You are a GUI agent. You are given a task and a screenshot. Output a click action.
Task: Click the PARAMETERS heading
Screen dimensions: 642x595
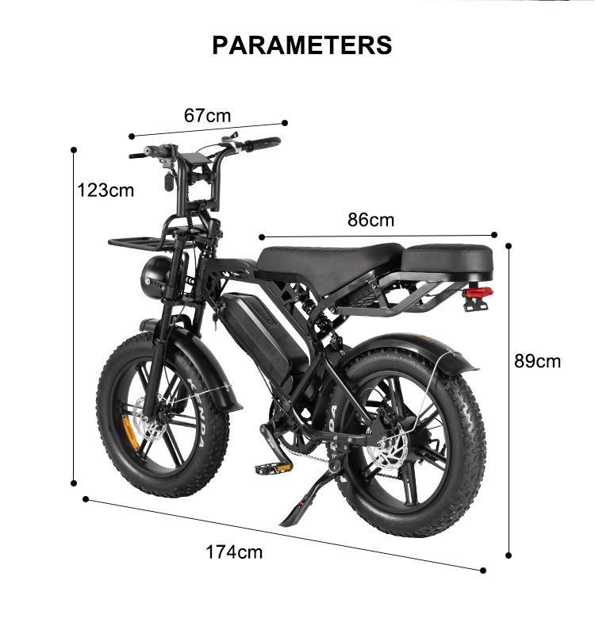click(301, 44)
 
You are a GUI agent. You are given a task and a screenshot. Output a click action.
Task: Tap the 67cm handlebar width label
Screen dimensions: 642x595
click(207, 116)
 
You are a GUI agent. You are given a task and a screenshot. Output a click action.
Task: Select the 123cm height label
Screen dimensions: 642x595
click(106, 190)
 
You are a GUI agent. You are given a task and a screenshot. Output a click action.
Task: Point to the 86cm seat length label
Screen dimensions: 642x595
click(370, 220)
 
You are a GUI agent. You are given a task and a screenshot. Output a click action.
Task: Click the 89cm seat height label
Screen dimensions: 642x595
click(537, 361)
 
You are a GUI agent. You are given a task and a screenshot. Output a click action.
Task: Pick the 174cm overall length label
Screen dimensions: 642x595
click(234, 552)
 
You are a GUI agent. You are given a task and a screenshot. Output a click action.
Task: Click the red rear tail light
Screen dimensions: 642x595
click(478, 293)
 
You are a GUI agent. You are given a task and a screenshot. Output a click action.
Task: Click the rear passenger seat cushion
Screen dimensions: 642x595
click(448, 259)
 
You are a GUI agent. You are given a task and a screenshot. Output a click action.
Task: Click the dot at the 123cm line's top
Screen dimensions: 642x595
click(74, 149)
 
